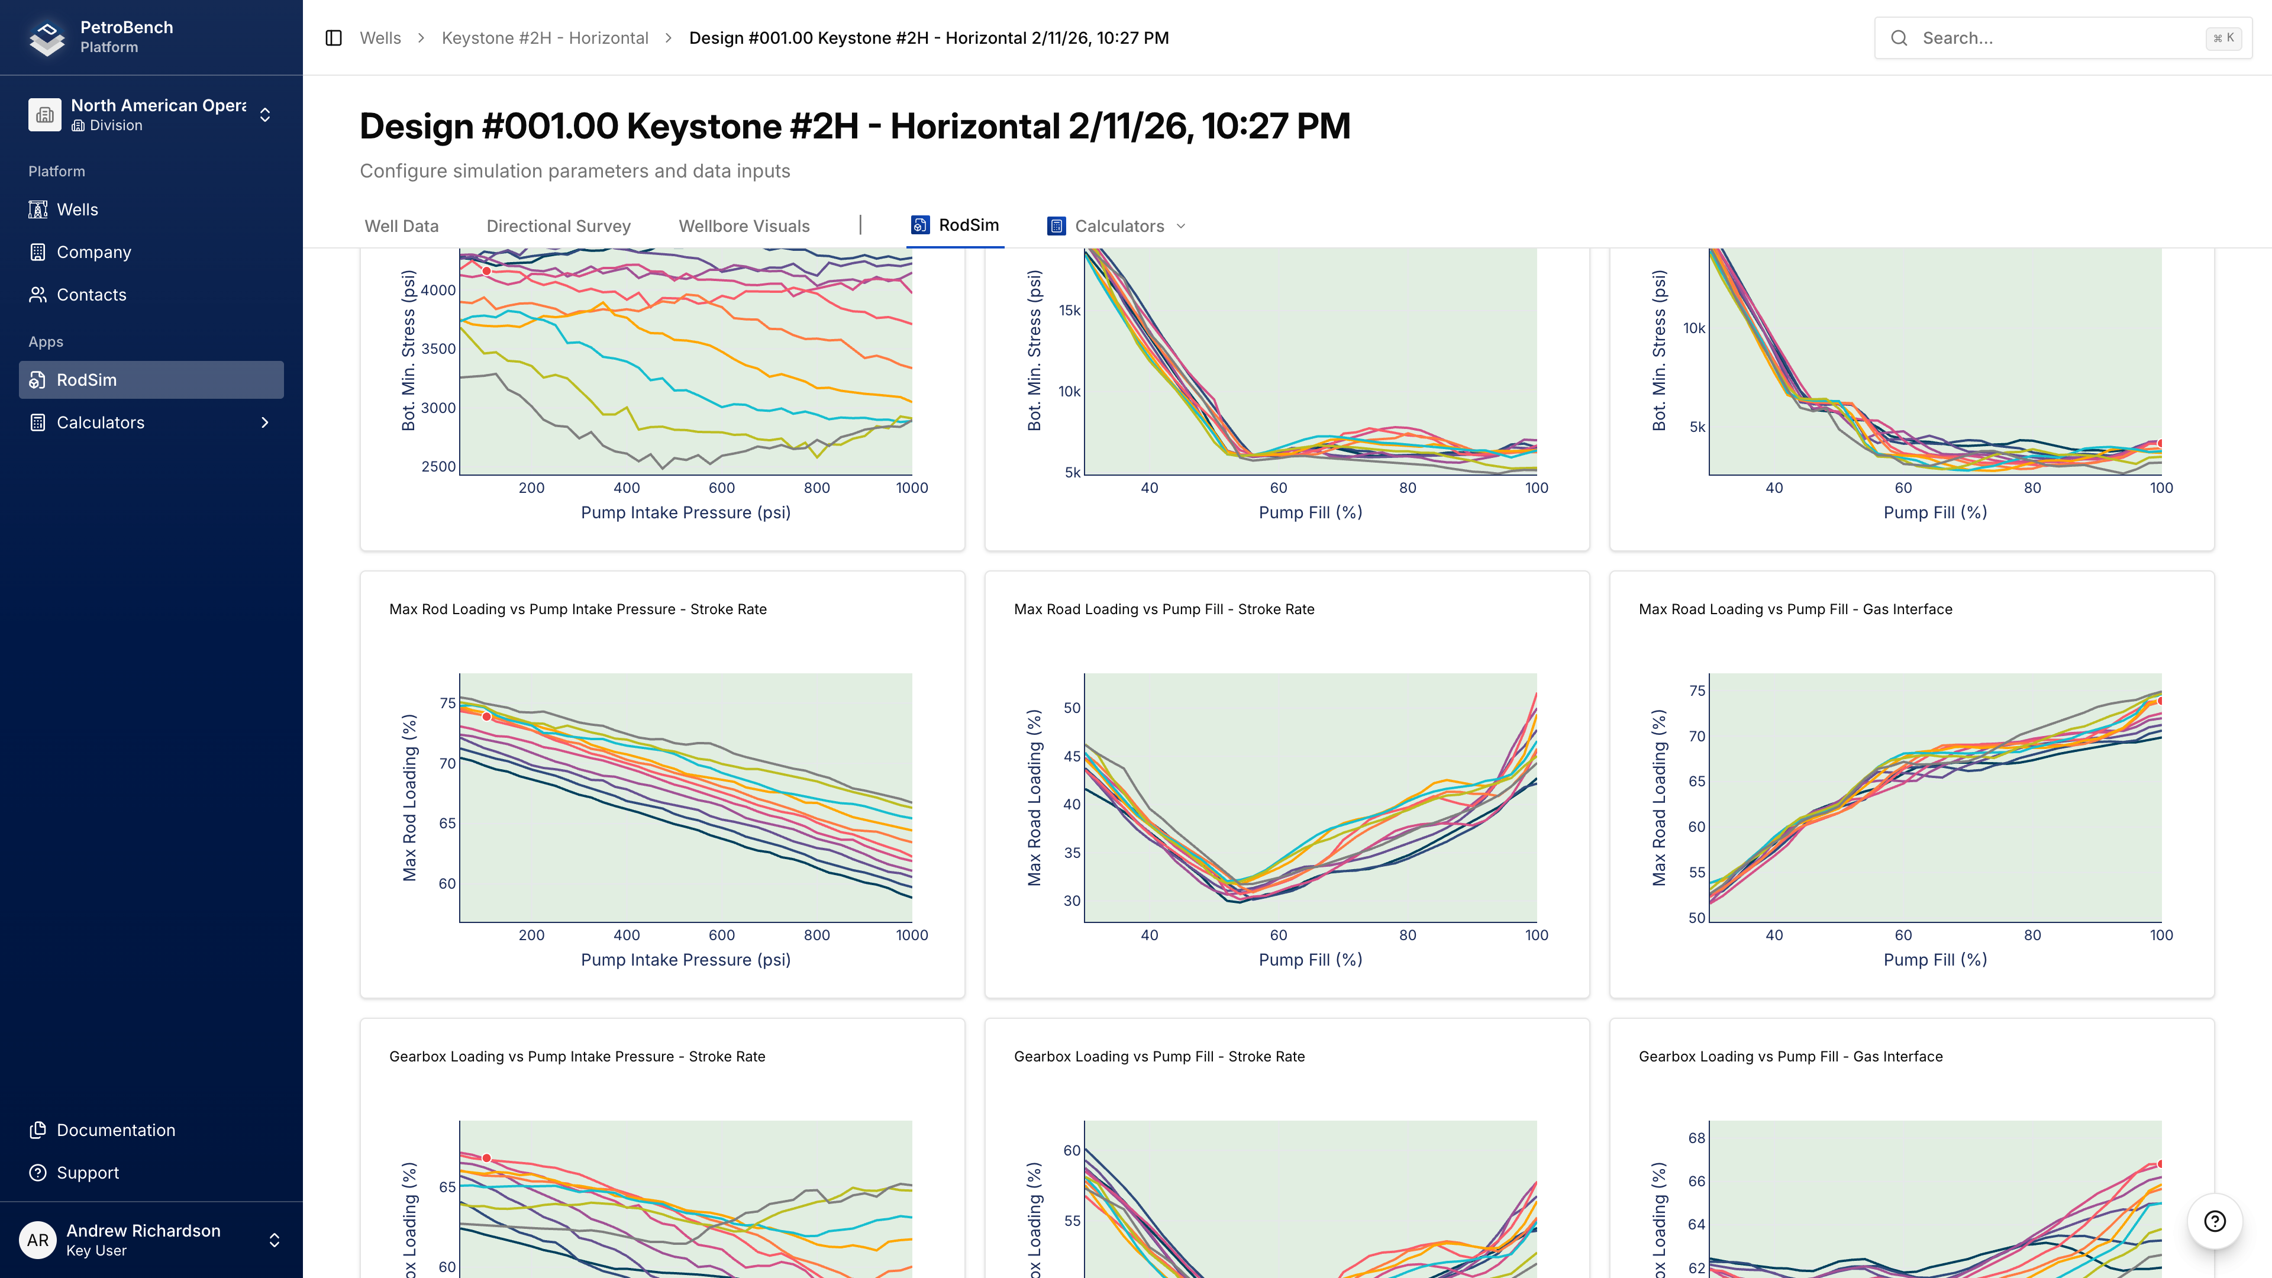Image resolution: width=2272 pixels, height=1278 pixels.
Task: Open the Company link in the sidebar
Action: pyautogui.click(x=93, y=252)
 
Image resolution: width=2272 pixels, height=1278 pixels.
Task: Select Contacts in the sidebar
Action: pyautogui.click(x=91, y=295)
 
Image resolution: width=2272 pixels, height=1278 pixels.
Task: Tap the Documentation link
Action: pyautogui.click(x=115, y=1130)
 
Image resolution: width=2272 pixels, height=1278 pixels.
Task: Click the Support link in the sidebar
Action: pyautogui.click(x=88, y=1172)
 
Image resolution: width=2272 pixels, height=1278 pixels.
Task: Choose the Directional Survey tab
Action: pyautogui.click(x=559, y=226)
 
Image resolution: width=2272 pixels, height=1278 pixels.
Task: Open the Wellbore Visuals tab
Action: pyautogui.click(x=744, y=226)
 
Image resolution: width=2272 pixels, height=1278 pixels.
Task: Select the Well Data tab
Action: pyautogui.click(x=401, y=226)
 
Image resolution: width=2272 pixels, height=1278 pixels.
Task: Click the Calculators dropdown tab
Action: pyautogui.click(x=1118, y=226)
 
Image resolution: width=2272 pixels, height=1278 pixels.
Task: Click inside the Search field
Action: pyautogui.click(x=2055, y=38)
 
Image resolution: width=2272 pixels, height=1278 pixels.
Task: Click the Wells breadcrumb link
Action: pyautogui.click(x=380, y=38)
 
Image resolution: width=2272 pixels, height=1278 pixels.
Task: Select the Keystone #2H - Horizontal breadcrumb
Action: pyautogui.click(x=544, y=38)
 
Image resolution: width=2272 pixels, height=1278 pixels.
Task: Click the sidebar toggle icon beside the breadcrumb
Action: pyautogui.click(x=333, y=38)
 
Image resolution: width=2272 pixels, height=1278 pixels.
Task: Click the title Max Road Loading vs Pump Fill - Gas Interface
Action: pyautogui.click(x=1795, y=609)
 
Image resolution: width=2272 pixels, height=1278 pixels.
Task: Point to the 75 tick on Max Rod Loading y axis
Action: pyautogui.click(x=447, y=703)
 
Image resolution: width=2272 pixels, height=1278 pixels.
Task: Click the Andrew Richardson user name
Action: pyautogui.click(x=143, y=1231)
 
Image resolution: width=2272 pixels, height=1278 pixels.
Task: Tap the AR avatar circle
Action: pyautogui.click(x=37, y=1240)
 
